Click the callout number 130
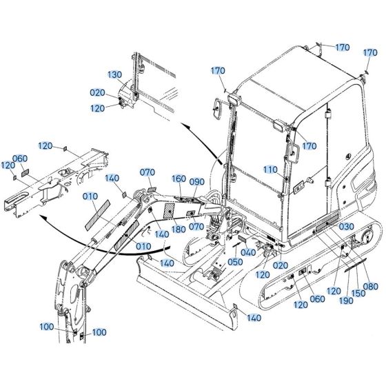click(x=114, y=74)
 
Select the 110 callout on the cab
click(x=270, y=169)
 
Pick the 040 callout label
click(x=248, y=252)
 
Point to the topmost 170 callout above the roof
click(x=343, y=48)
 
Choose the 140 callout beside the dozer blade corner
click(x=254, y=318)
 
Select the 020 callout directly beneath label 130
click(x=98, y=93)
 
